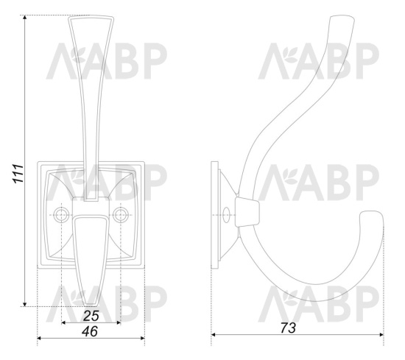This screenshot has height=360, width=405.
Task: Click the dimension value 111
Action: click(x=18, y=173)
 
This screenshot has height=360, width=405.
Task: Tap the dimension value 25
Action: click(x=91, y=316)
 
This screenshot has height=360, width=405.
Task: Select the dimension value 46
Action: click(x=90, y=331)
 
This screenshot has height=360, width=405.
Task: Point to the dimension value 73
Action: click(x=288, y=328)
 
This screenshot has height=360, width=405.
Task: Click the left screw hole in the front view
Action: click(x=62, y=215)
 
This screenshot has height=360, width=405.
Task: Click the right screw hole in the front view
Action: click(x=121, y=215)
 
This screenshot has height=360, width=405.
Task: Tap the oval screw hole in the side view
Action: click(x=226, y=215)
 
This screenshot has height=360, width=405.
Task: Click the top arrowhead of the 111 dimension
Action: click(x=24, y=18)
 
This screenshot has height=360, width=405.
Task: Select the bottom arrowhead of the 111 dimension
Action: click(x=24, y=304)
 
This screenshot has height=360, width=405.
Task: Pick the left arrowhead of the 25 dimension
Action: click(x=64, y=322)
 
